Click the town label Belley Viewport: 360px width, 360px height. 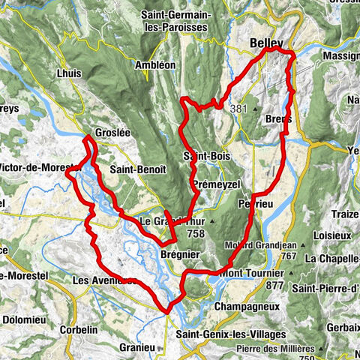265,44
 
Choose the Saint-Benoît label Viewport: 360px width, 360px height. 136,169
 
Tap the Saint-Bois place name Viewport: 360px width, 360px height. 206,155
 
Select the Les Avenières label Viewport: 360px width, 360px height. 104,280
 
